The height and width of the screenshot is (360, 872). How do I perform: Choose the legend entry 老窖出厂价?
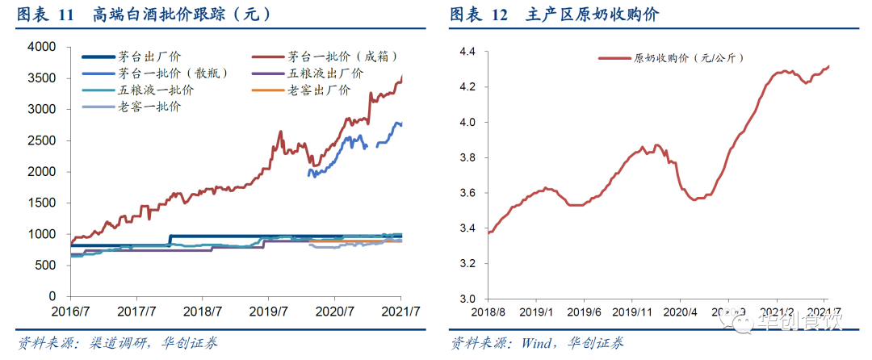click(318, 90)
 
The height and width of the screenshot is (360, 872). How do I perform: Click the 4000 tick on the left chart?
click(41, 47)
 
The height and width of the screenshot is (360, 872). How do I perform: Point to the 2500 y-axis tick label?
click(41, 140)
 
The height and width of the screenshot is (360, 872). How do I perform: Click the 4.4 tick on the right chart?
click(467, 52)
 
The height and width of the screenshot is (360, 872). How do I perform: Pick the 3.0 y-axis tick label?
click(467, 299)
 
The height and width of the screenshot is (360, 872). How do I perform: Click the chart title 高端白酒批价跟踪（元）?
click(181, 15)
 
